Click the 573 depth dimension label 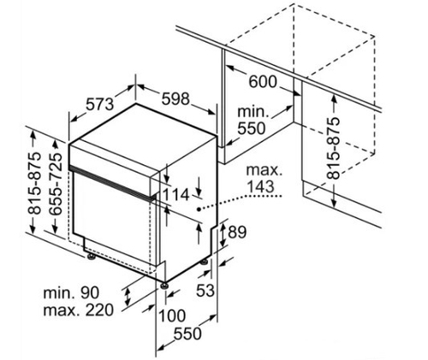point(99,104)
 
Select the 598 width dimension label point(175,99)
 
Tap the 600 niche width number point(263,82)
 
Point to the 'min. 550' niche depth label point(253,120)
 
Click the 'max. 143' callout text point(264,179)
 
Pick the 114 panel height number point(176,195)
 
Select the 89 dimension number point(237,232)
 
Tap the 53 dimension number point(205,291)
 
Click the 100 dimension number point(172,316)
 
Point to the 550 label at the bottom point(187,333)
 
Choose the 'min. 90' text point(71,292)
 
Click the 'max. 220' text point(78,310)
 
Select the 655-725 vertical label point(56,184)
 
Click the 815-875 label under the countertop point(333,148)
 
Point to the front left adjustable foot point(92,257)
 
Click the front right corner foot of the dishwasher point(163,286)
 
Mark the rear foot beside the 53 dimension point(205,262)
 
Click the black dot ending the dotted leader point(198,210)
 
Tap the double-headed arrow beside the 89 point(223,235)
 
